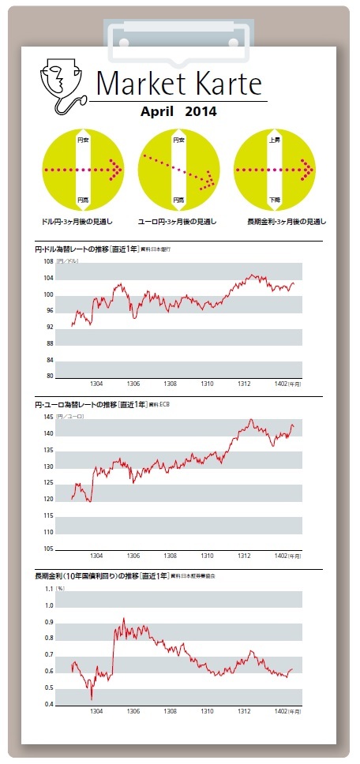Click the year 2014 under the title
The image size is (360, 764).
coord(201,111)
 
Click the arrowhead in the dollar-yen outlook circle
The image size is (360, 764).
coord(116,170)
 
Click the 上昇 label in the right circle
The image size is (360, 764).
coord(275,140)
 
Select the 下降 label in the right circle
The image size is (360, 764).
coord(275,200)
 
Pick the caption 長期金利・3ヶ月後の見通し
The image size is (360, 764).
coord(279,222)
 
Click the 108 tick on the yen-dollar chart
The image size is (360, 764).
coord(48,261)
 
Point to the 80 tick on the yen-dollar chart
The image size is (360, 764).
coord(49,376)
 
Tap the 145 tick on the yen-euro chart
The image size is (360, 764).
coord(48,417)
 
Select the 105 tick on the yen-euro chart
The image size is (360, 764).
coord(48,549)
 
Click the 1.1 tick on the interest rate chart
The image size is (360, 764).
coord(49,589)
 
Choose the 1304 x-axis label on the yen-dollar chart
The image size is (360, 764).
coord(97,384)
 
